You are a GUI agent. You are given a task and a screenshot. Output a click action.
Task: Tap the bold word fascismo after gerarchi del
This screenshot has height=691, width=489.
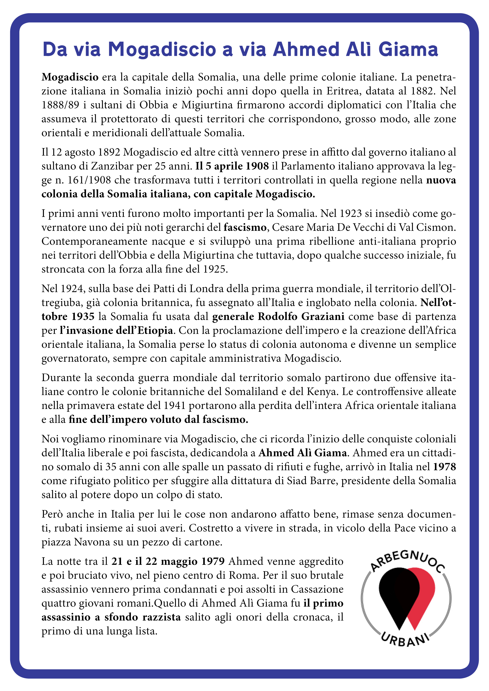pos(245,227)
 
